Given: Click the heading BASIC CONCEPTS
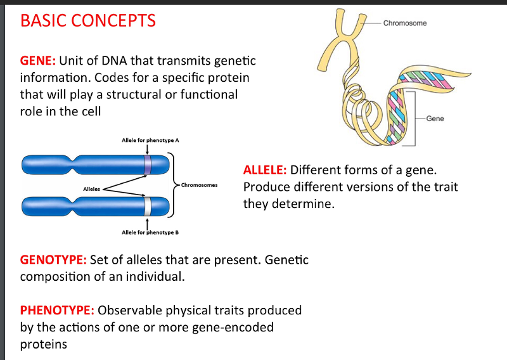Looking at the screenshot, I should [x=88, y=21].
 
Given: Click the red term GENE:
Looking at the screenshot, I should [x=39, y=61].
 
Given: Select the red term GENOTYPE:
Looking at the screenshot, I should [x=54, y=260].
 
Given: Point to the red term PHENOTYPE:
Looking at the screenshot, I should [x=58, y=311].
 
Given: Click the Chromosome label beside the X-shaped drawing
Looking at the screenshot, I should [x=405, y=23].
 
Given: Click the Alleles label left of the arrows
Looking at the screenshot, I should [x=93, y=188].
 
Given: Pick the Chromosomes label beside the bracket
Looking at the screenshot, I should [x=199, y=185].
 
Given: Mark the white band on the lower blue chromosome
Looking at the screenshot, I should [x=147, y=206].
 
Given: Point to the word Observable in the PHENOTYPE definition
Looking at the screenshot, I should [x=131, y=311].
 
